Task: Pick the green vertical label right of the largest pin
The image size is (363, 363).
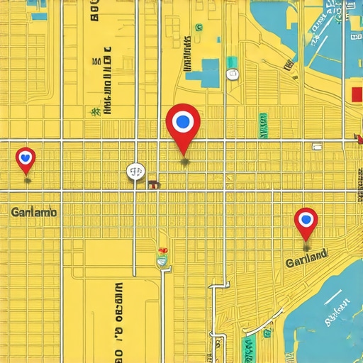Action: click(264, 124)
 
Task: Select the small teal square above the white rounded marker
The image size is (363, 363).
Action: click(232, 61)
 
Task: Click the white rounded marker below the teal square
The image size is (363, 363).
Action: click(233, 72)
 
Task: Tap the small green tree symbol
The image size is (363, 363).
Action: click(93, 111)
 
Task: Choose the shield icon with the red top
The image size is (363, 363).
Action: click(163, 258)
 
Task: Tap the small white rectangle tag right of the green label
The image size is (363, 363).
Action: click(317, 147)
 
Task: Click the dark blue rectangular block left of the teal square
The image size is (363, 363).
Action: click(210, 73)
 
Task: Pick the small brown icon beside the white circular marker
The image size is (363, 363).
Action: click(152, 184)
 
